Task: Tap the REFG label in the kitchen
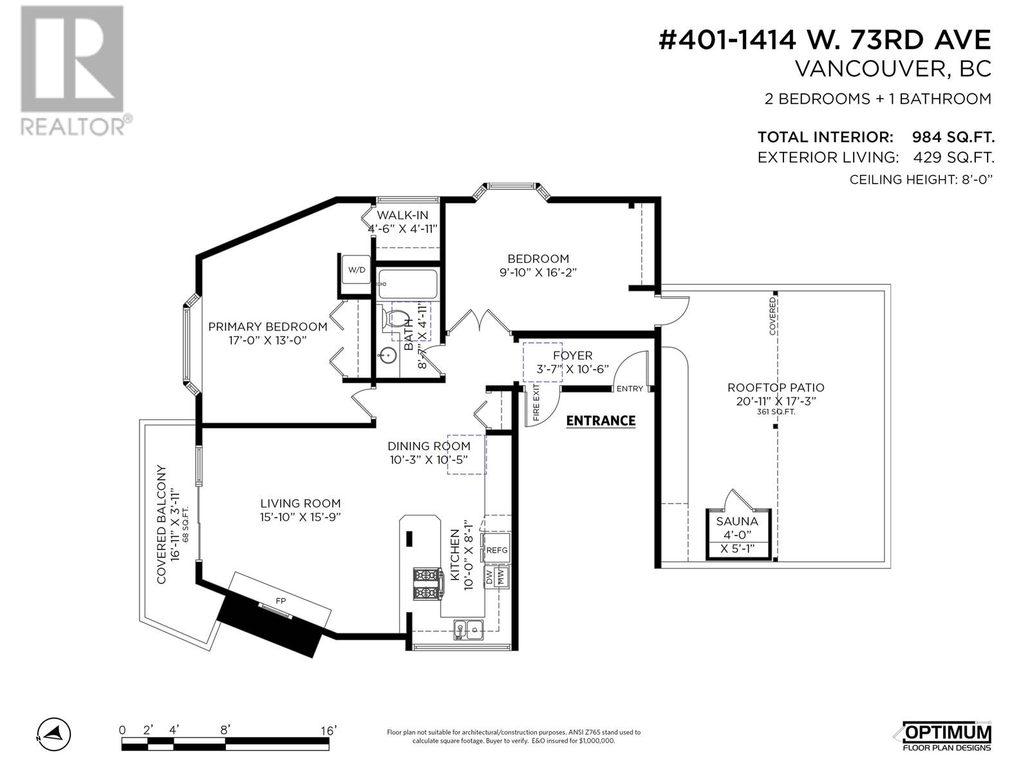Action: click(x=497, y=550)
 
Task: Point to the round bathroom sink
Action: click(x=387, y=355)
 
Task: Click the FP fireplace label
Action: click(x=281, y=600)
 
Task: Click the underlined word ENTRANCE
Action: click(x=600, y=421)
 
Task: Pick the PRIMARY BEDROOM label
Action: click(x=268, y=327)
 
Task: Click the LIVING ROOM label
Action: click(x=300, y=504)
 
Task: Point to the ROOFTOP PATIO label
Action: click(x=776, y=388)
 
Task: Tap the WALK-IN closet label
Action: click(x=402, y=215)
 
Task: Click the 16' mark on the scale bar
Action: click(x=328, y=730)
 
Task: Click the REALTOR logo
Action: click(x=73, y=71)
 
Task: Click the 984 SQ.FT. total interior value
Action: click(x=953, y=137)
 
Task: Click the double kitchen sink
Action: click(x=467, y=628)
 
